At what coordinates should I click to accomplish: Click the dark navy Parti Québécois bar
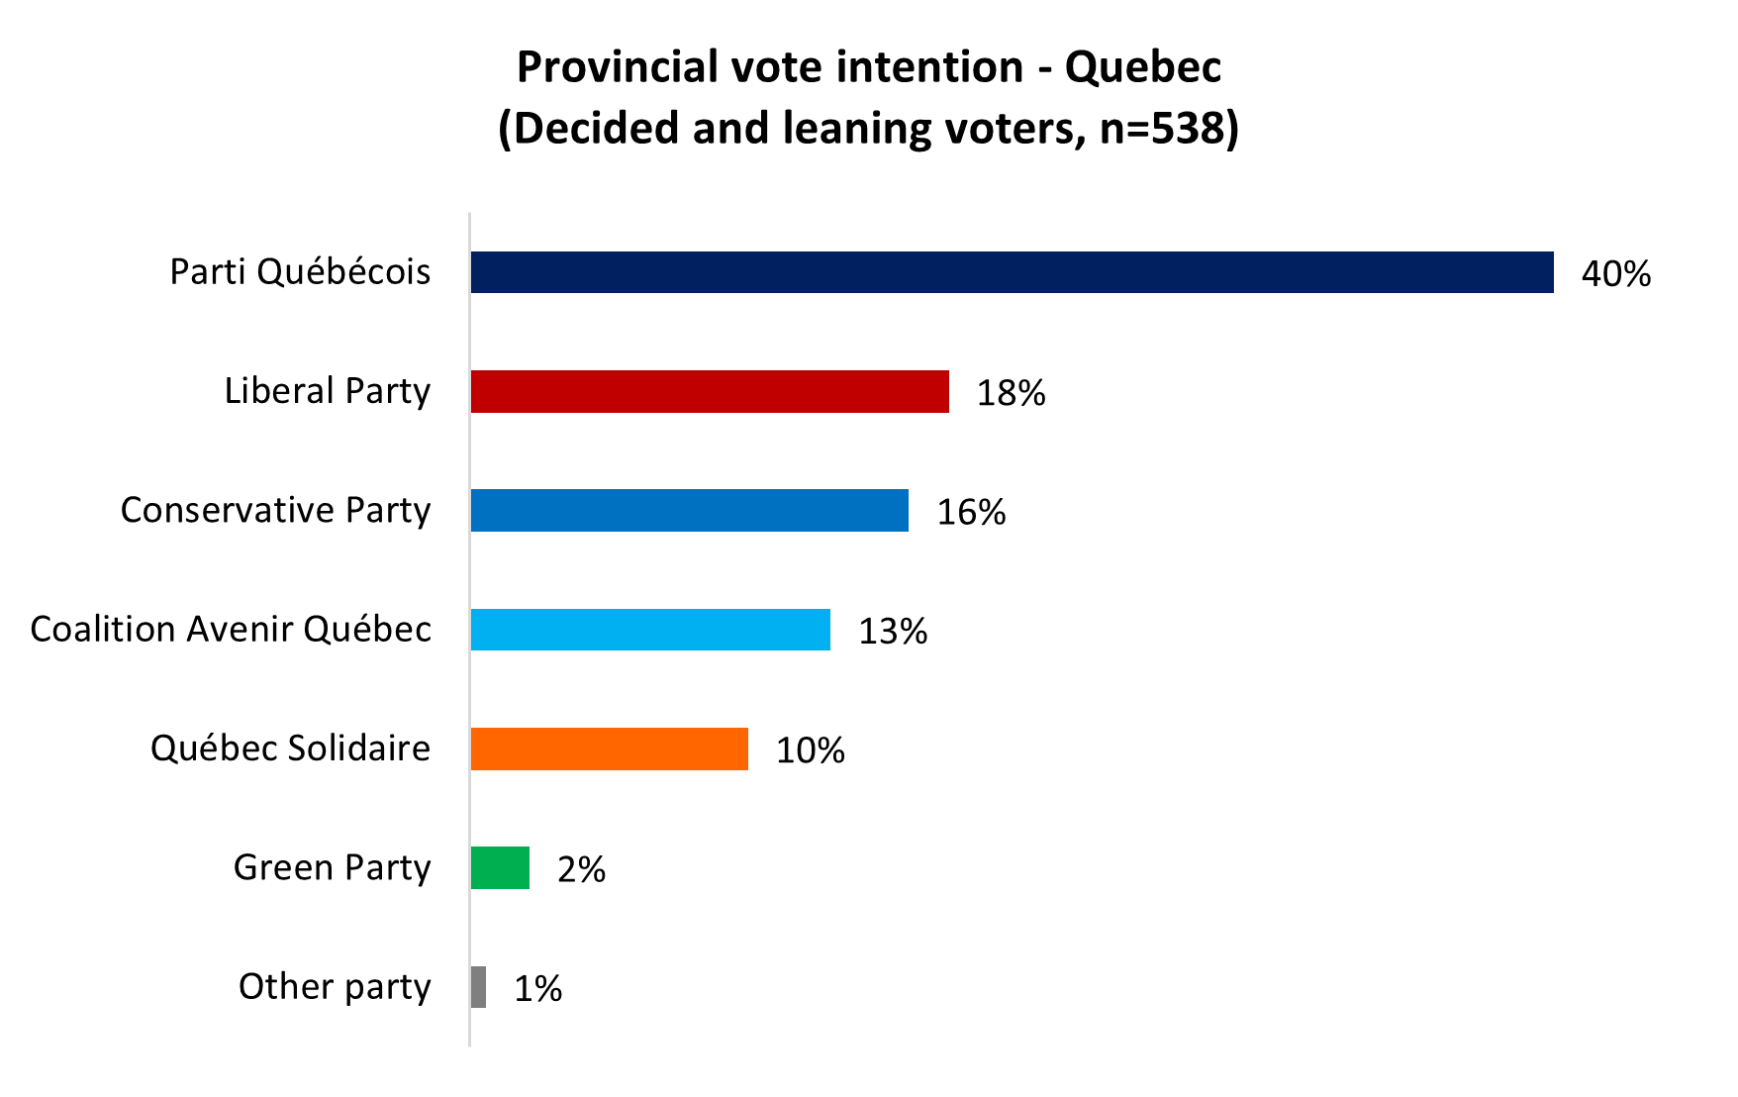1012,272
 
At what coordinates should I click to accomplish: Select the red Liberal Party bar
710,391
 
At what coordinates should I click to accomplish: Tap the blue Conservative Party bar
689,511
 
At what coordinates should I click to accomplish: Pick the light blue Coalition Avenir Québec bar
650,630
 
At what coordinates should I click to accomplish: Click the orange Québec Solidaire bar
609,748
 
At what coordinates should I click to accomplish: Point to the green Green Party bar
500,868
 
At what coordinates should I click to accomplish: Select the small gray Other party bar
479,987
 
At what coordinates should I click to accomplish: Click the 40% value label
1615,274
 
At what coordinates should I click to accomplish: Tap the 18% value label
1011,393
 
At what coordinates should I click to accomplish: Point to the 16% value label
971,512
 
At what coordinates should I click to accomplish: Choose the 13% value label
893,632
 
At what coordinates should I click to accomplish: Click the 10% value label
810,750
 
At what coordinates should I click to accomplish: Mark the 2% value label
581,869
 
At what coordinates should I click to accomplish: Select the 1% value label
537,988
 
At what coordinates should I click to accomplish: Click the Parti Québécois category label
300,272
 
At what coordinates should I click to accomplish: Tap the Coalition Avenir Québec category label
231,630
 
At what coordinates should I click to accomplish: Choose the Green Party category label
332,868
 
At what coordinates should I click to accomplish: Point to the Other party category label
335,987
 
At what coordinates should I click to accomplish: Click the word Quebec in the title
1142,68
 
